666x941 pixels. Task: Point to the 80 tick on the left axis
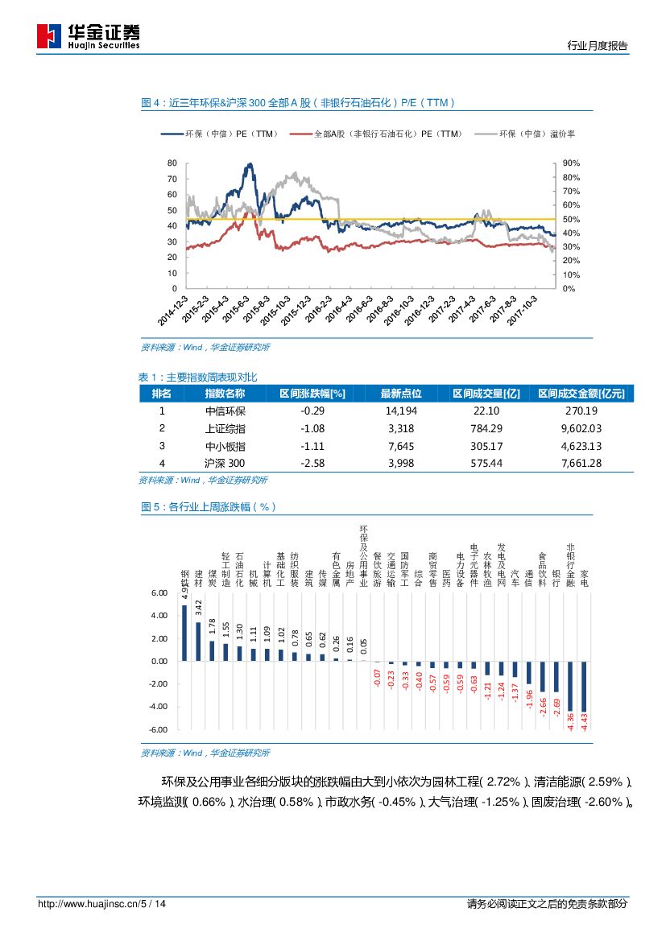pos(172,163)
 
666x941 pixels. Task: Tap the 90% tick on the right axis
pos(570,163)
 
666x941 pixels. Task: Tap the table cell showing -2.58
pos(312,463)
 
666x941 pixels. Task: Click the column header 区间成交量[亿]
pos(486,394)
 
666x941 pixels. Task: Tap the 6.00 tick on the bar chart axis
pos(158,592)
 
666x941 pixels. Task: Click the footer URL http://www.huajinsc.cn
pos(88,904)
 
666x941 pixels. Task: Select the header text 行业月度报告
pos(597,46)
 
